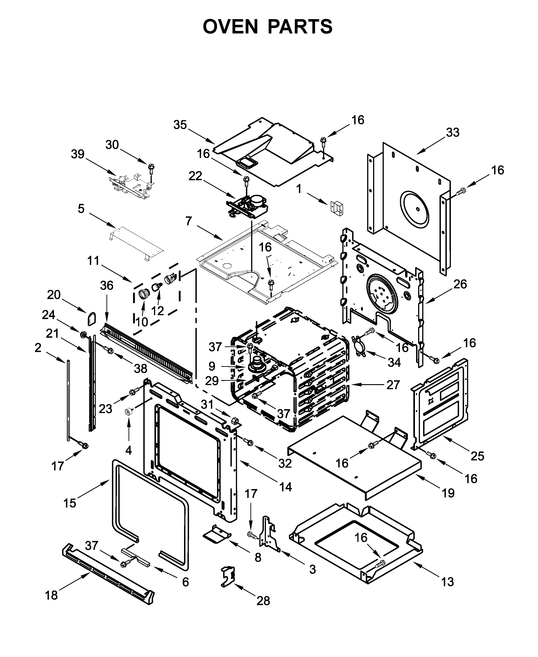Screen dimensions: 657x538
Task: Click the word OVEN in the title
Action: pyautogui.click(x=230, y=26)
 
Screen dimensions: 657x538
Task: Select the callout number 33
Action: pyautogui.click(x=452, y=132)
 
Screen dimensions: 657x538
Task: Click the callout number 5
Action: pyautogui.click(x=81, y=209)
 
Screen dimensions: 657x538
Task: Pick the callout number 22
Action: pyautogui.click(x=195, y=176)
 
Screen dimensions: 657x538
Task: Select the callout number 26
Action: pyautogui.click(x=460, y=284)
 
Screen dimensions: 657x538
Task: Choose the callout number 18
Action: pyautogui.click(x=51, y=595)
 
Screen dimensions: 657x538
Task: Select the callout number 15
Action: pyautogui.click(x=70, y=503)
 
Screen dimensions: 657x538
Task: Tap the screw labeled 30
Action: pyautogui.click(x=151, y=168)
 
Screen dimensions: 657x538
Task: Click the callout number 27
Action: pyautogui.click(x=393, y=385)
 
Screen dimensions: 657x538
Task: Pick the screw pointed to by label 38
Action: pyautogui.click(x=109, y=350)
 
